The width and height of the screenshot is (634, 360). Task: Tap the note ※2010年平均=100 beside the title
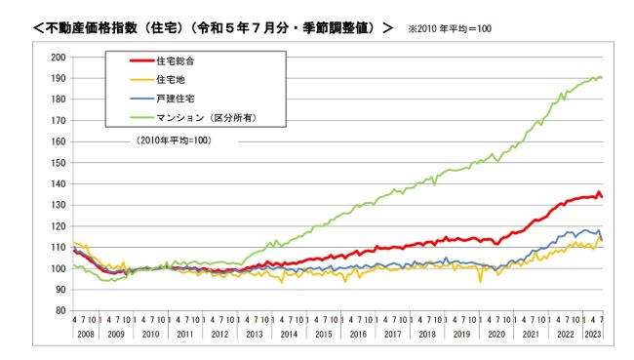[449, 28]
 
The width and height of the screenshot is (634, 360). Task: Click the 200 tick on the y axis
[58, 57]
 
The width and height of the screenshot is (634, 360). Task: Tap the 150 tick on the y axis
[58, 162]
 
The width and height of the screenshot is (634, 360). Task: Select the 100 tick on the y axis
[58, 268]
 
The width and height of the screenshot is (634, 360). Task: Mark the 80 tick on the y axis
[59, 310]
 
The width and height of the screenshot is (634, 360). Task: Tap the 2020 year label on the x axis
[496, 333]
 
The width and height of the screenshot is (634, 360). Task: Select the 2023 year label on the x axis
[591, 333]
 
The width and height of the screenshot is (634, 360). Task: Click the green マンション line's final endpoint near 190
[601, 77]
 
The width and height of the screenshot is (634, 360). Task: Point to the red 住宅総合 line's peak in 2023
[598, 192]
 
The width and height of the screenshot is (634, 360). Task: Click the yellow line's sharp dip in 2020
[480, 281]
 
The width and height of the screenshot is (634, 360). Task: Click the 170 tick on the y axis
[58, 120]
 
